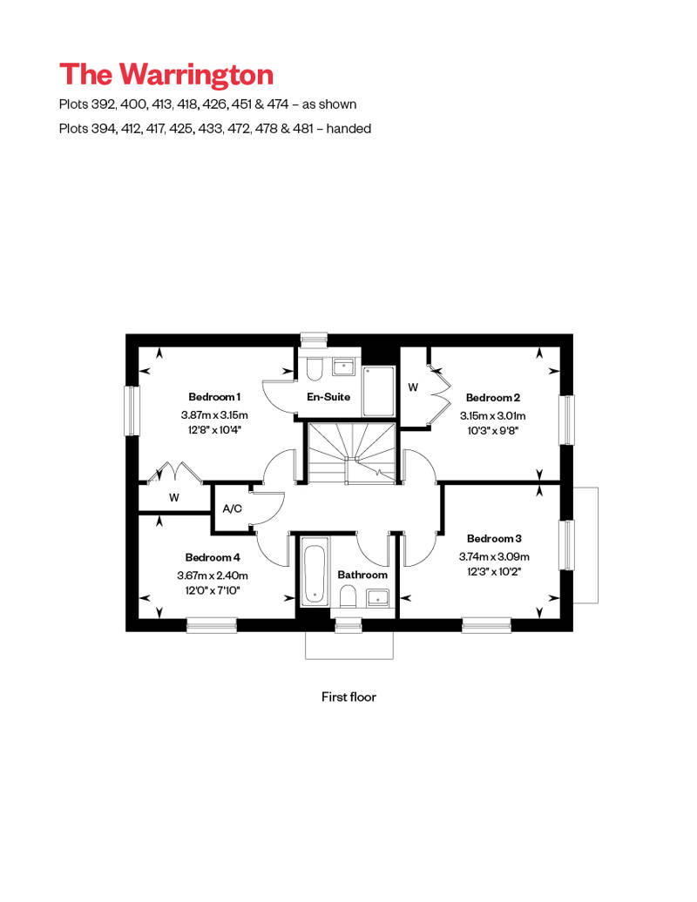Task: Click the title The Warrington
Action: tap(166, 74)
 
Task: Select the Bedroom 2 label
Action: tap(493, 397)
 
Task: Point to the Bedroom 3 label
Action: tap(494, 538)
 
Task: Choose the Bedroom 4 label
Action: tap(212, 557)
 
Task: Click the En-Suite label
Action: tap(328, 397)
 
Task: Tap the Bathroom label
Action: tap(362, 575)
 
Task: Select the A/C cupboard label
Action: tap(232, 508)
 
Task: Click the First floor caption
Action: tap(348, 697)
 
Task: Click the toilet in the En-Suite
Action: tap(314, 369)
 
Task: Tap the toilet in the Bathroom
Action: tap(348, 596)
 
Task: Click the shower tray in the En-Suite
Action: tap(378, 391)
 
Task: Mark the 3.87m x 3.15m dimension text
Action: tap(214, 414)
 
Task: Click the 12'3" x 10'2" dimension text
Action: tap(494, 571)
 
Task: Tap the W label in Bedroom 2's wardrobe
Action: tap(413, 387)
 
